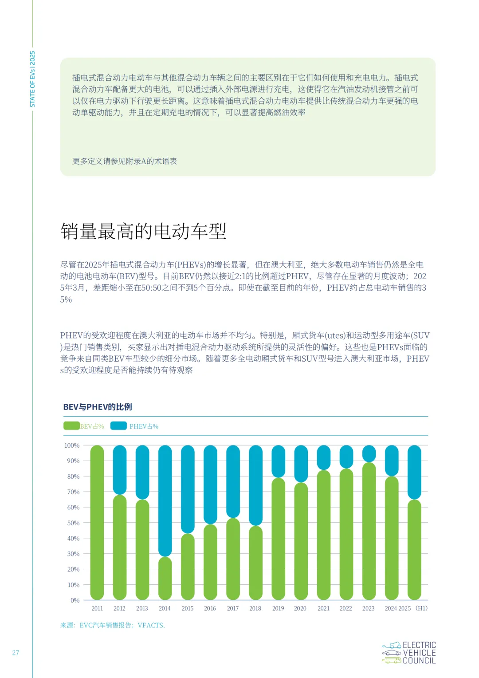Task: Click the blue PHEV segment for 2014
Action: pyautogui.click(x=165, y=501)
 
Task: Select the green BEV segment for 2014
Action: pyautogui.click(x=165, y=578)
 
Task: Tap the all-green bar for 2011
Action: pyautogui.click(x=97, y=522)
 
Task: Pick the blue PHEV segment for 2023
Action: pyautogui.click(x=369, y=453)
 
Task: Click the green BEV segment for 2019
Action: pyautogui.click(x=278, y=539)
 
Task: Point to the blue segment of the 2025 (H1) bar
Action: pyautogui.click(x=414, y=472)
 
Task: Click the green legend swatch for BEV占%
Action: pyautogui.click(x=71, y=426)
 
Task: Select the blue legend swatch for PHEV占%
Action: pyautogui.click(x=118, y=426)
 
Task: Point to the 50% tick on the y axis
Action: pyautogui.click(x=73, y=523)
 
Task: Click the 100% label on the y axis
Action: pyautogui.click(x=72, y=445)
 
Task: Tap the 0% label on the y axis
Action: pyautogui.click(x=75, y=600)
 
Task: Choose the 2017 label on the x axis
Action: pyautogui.click(x=233, y=608)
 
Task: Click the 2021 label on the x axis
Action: pyautogui.click(x=323, y=608)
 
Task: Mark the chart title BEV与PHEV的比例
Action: pyautogui.click(x=98, y=407)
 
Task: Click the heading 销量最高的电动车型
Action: pyautogui.click(x=143, y=232)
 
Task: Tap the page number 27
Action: pyautogui.click(x=16, y=653)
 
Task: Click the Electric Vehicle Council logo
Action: pyautogui.click(x=409, y=653)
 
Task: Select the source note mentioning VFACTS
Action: pyautogui.click(x=113, y=625)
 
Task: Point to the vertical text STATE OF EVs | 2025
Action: pyautogui.click(x=32, y=79)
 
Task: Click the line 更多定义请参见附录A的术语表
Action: pyautogui.click(x=125, y=161)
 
